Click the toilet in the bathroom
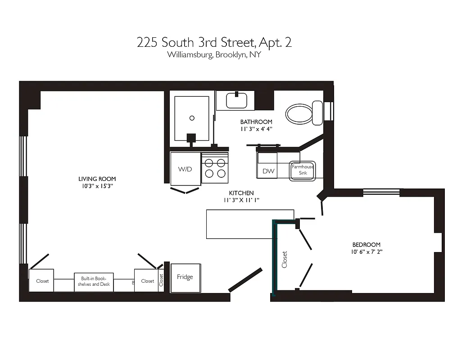click(301, 113)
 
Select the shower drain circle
click(192, 118)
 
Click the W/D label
click(185, 169)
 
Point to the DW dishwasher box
click(268, 171)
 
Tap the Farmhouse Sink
click(303, 170)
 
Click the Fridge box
click(185, 277)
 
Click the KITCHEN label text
click(241, 193)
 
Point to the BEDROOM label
click(366, 245)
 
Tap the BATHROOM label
click(256, 122)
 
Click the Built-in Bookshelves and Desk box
click(94, 282)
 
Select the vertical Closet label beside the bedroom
click(285, 259)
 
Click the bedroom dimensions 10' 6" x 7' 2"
click(367, 252)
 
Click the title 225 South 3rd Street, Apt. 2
click(214, 43)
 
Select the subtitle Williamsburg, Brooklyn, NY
click(214, 55)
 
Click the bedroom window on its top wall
click(381, 192)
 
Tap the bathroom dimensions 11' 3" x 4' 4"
click(256, 129)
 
